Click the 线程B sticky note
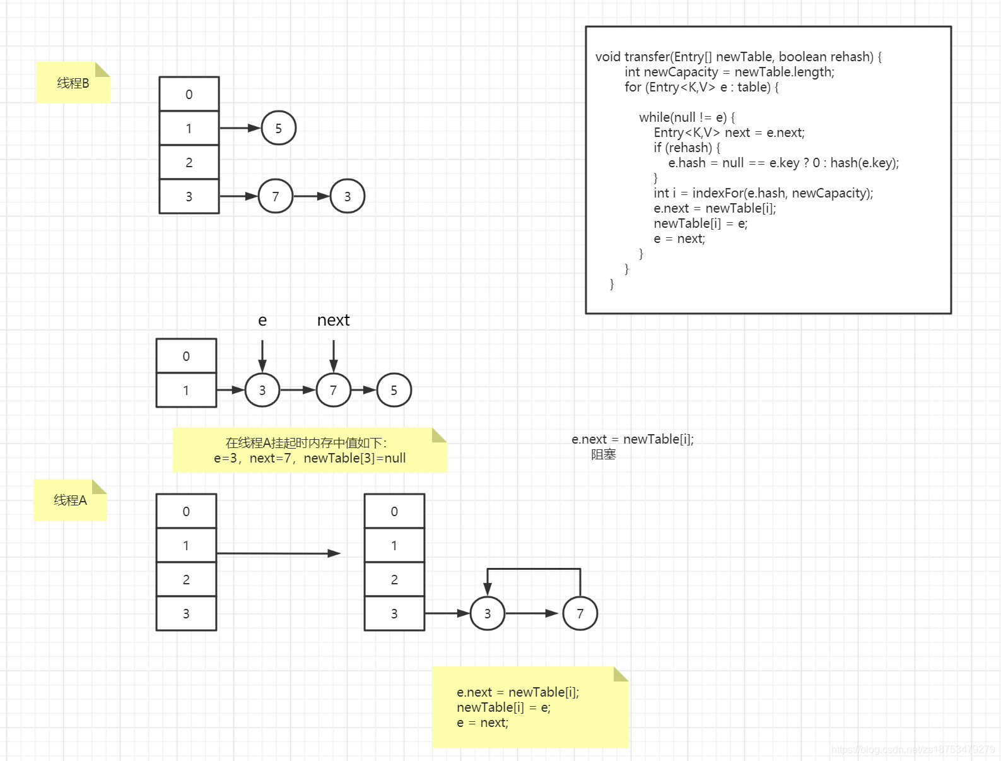pyautogui.click(x=73, y=83)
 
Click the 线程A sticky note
pyautogui.click(x=70, y=500)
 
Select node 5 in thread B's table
pyautogui.click(x=278, y=128)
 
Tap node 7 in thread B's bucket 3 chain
pyautogui.click(x=275, y=196)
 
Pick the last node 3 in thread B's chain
pyautogui.click(x=347, y=196)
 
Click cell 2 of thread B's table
pyautogui.click(x=189, y=162)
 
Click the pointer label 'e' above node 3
pyautogui.click(x=262, y=321)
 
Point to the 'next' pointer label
pyautogui.click(x=333, y=321)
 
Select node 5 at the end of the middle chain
pyautogui.click(x=394, y=390)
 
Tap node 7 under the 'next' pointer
pyautogui.click(x=333, y=390)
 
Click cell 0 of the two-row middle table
pyautogui.click(x=186, y=356)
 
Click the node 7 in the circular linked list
pyautogui.click(x=580, y=613)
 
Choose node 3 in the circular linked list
pyautogui.click(x=487, y=613)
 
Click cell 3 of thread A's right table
pyautogui.click(x=394, y=613)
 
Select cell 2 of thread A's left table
pyautogui.click(x=186, y=579)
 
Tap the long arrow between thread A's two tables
pyautogui.click(x=278, y=553)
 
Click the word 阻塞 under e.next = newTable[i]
pyautogui.click(x=603, y=454)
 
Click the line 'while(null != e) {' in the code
pyautogui.click(x=686, y=117)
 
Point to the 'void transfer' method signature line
pyautogui.click(x=738, y=57)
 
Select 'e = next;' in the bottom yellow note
pyautogui.click(x=483, y=723)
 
